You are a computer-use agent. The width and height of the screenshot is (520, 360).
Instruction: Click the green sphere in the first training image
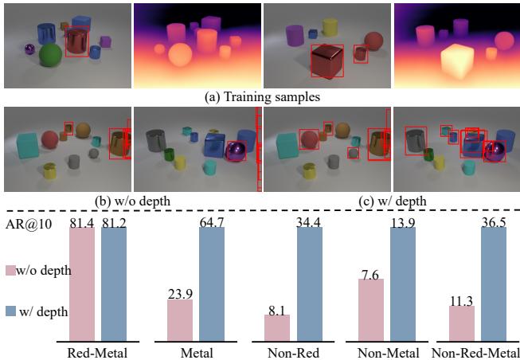[50, 57]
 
